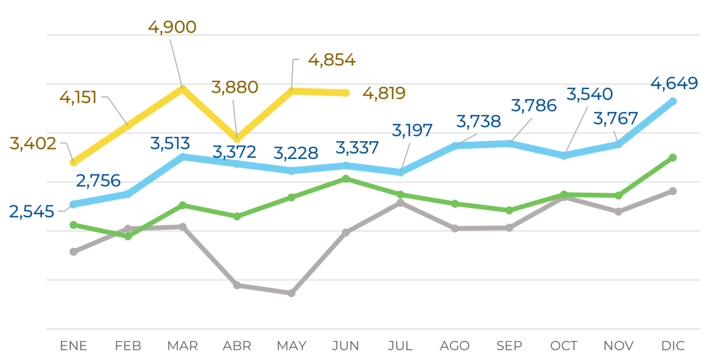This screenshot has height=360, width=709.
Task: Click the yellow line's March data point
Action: (182, 88)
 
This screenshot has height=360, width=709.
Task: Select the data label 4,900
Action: (172, 27)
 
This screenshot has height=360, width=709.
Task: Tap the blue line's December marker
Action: (673, 101)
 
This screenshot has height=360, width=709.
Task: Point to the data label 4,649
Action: (674, 84)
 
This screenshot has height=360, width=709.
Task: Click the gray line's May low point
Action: (291, 293)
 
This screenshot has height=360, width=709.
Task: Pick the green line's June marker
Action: (346, 179)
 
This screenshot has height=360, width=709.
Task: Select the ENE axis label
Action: (74, 346)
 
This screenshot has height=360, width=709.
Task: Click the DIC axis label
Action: (673, 346)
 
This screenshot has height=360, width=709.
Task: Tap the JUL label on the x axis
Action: (400, 346)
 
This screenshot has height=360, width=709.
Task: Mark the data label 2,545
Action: (32, 212)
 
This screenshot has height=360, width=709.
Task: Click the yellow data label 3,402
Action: (33, 144)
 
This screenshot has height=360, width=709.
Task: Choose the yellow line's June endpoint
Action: (346, 92)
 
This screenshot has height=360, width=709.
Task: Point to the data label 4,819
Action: (384, 93)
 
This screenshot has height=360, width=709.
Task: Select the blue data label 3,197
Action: (412, 131)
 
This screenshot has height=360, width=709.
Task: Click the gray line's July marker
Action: (400, 203)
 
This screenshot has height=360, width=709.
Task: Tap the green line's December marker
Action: (673, 158)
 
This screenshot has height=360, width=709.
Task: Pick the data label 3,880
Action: (235, 87)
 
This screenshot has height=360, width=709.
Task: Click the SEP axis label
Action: (509, 346)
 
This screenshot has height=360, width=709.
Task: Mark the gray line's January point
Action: (74, 252)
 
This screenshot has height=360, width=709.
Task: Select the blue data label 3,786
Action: (534, 105)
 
